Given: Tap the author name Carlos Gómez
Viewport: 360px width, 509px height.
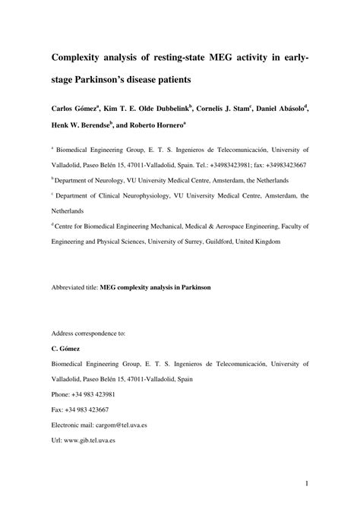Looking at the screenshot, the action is coord(78,109).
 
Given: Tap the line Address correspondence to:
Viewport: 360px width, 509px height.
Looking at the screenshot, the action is coord(88,334).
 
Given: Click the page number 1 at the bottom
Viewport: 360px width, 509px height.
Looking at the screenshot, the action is coord(305,482).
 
